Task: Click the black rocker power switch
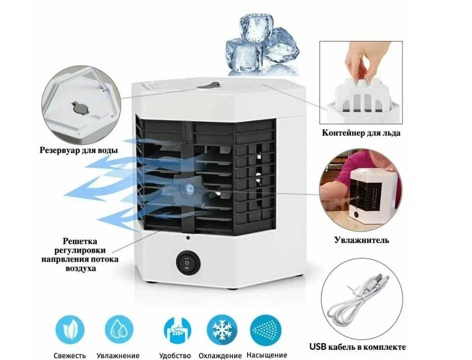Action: click(187, 263)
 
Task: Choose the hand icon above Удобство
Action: click(177, 330)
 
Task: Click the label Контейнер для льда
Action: click(361, 133)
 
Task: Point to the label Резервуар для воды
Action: click(79, 150)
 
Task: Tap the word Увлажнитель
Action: click(361, 240)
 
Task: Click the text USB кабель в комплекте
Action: click(357, 347)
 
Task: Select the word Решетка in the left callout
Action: click(80, 241)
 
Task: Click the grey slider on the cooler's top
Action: click(209, 86)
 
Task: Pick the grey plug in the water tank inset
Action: click(80, 108)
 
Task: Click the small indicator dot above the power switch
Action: click(188, 238)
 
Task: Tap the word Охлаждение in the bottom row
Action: click(220, 356)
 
